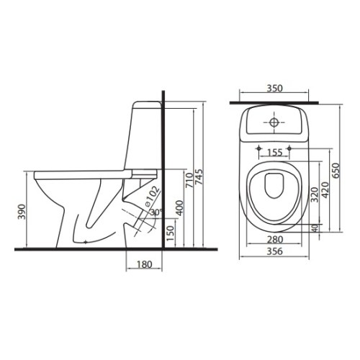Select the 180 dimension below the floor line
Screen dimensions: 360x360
click(143, 265)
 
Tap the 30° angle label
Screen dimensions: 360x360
click(156, 212)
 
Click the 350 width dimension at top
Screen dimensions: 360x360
click(274, 89)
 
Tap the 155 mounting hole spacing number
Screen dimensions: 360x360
click(274, 153)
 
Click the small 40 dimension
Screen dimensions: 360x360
click(315, 228)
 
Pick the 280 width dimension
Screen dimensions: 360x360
click(274, 239)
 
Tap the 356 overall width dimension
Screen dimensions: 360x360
click(274, 251)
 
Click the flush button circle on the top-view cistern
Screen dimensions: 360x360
click(274, 123)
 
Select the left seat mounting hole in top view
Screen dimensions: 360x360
click(258, 149)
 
